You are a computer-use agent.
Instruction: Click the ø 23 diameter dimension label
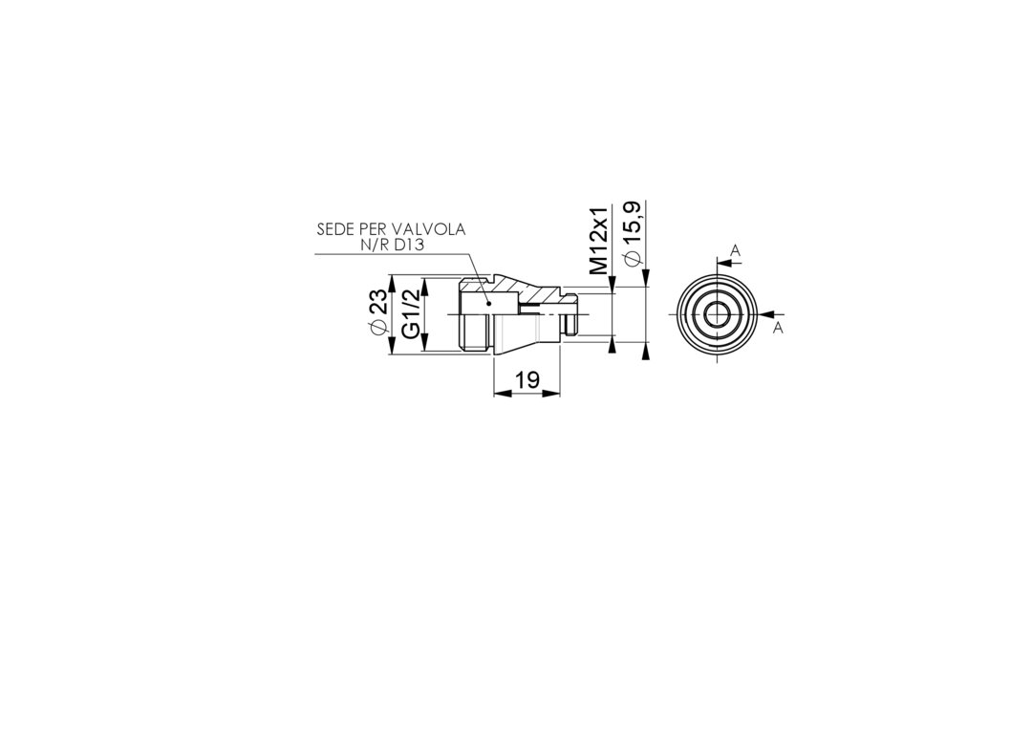click(x=377, y=314)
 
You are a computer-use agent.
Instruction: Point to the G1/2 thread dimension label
click(x=411, y=314)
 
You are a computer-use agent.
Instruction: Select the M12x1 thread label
click(x=598, y=241)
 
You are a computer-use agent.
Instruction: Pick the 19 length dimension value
click(x=527, y=379)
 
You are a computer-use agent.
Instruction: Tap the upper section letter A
click(x=736, y=250)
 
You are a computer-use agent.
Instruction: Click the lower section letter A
click(x=778, y=328)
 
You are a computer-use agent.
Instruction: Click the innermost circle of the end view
click(x=718, y=314)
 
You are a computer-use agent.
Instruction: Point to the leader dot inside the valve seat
click(x=488, y=304)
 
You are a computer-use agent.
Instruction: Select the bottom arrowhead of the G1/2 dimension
click(x=425, y=342)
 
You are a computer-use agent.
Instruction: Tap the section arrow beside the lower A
click(x=767, y=314)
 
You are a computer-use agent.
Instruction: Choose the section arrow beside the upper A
click(x=725, y=262)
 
